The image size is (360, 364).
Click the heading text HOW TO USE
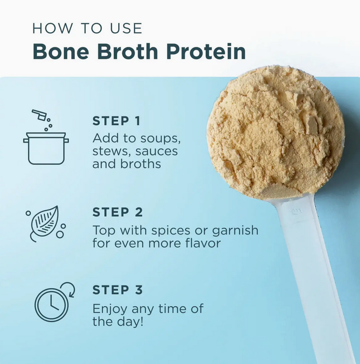coord(87,28)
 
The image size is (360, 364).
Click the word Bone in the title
coord(61,51)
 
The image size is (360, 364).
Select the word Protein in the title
coord(206,51)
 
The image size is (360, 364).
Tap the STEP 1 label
coord(117,121)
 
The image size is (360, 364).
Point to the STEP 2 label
coord(118,212)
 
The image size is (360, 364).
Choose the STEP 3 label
coord(118,290)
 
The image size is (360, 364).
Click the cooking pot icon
coord(46,148)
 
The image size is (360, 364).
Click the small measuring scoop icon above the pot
coord(40,115)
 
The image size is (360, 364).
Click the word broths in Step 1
coord(141,164)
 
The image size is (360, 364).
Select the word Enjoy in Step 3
coord(110,310)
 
